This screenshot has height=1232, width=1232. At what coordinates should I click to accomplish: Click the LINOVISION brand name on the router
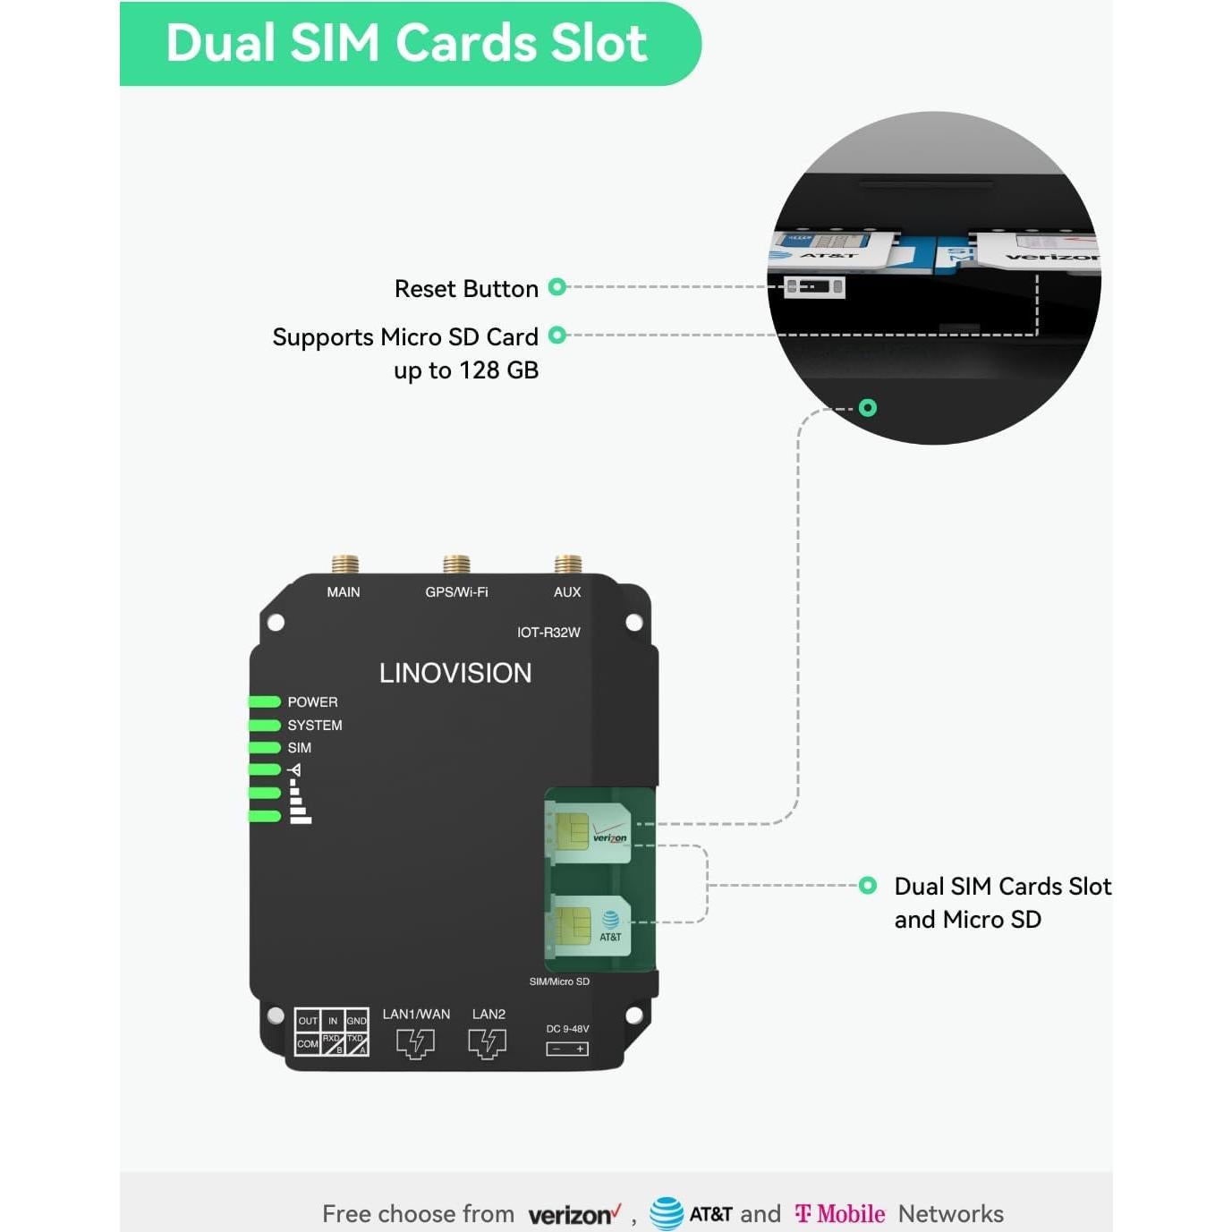(x=455, y=673)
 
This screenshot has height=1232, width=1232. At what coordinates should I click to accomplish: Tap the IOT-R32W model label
(x=548, y=633)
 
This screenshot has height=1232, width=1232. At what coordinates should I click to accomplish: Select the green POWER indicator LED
(x=265, y=702)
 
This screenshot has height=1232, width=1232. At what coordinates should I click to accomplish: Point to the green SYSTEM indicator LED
(x=265, y=725)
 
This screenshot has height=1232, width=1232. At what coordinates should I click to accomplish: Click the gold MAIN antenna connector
(x=344, y=565)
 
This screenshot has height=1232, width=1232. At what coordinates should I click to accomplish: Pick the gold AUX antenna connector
(x=568, y=565)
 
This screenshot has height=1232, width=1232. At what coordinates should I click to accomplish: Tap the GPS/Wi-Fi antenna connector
(x=456, y=565)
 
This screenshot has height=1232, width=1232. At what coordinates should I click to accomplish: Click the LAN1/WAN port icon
(x=415, y=1043)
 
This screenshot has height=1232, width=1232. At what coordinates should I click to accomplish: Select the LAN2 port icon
(x=488, y=1043)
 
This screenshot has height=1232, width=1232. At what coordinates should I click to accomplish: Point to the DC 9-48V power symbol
(x=567, y=1049)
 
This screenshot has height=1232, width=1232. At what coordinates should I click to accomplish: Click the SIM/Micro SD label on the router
(x=559, y=981)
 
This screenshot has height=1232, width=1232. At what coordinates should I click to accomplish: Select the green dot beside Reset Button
(x=557, y=287)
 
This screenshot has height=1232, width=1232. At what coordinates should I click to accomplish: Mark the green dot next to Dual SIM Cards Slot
(x=867, y=886)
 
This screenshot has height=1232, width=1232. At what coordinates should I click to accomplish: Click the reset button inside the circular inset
(x=813, y=287)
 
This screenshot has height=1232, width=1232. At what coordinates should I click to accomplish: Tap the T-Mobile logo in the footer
(x=839, y=1214)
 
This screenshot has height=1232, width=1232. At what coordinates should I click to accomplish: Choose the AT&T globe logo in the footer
(x=667, y=1214)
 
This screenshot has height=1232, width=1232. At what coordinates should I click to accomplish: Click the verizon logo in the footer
(x=574, y=1215)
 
